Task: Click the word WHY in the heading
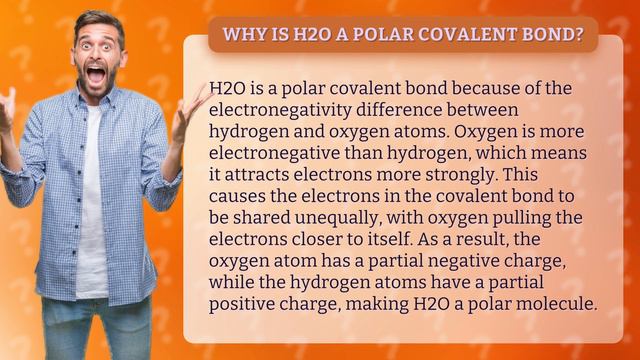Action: pos(242,36)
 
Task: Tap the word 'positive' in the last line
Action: pos(246,304)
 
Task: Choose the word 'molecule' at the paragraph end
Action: pos(555,304)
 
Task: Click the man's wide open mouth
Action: pos(97,75)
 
